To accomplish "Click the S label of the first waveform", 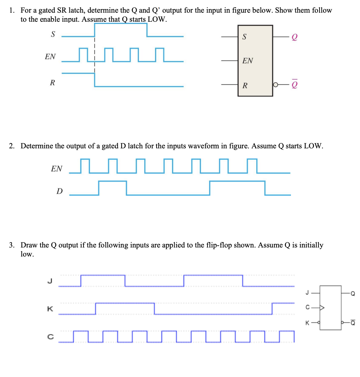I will point(53,35).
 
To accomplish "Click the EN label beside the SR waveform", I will point(50,57).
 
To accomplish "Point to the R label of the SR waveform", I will point(52,82).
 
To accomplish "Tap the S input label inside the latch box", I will point(245,37).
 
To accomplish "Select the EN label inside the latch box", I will point(248,61).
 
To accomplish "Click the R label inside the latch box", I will point(245,86).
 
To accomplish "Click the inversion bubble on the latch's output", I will point(275,86).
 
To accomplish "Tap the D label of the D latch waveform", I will point(59,191).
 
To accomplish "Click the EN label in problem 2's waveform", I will point(57,169).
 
